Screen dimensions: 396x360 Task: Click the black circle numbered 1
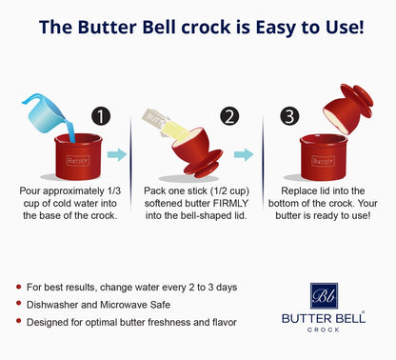tap(101, 116)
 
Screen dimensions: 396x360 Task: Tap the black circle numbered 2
tap(229, 116)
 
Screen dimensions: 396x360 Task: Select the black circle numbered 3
tap(289, 116)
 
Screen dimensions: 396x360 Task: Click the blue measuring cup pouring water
tap(45, 112)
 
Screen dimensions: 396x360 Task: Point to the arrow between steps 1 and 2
tap(117, 154)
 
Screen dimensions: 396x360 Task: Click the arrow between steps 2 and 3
tap(244, 154)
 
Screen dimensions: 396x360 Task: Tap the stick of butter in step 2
tap(166, 123)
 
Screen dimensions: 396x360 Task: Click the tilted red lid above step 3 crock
tap(347, 109)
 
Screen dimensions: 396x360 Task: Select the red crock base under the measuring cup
tap(78, 156)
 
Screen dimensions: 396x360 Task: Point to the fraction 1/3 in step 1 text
tap(114, 191)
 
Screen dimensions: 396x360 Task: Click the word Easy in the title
tap(275, 28)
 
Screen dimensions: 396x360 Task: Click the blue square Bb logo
tap(324, 296)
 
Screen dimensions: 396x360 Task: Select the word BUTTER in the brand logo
tap(307, 318)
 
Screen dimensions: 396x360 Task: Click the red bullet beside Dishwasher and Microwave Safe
tap(19, 304)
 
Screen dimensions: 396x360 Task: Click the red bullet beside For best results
tap(19, 287)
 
